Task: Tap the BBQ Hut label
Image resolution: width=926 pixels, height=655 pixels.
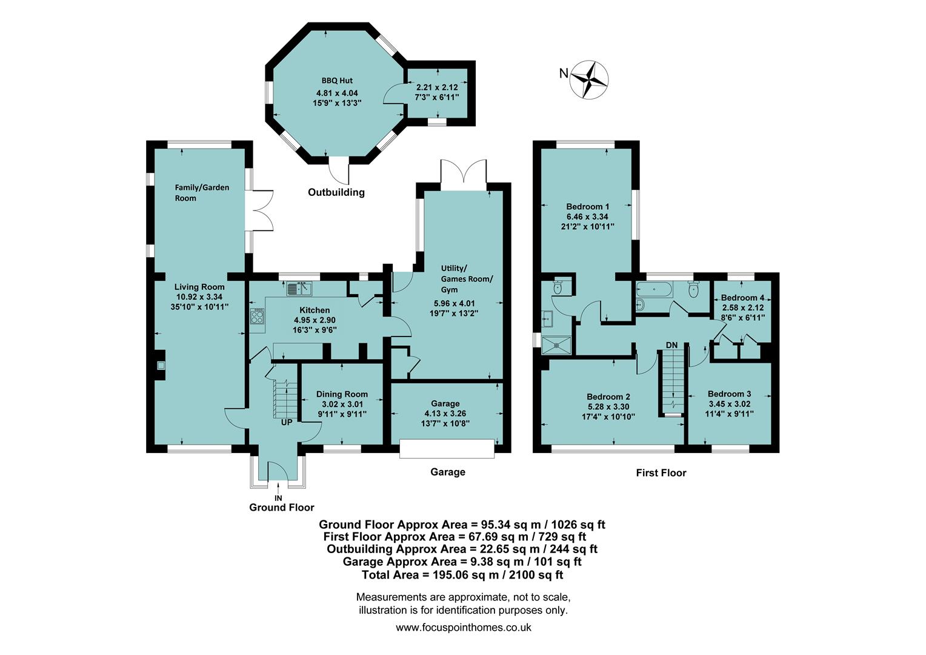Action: click(337, 81)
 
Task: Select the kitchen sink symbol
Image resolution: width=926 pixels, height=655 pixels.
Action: click(299, 288)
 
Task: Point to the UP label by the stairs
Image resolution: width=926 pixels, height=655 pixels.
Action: click(287, 422)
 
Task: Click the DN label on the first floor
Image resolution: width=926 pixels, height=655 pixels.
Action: click(671, 345)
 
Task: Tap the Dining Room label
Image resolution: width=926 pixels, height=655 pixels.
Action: click(342, 394)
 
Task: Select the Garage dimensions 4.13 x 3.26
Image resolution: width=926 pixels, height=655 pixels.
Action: click(445, 414)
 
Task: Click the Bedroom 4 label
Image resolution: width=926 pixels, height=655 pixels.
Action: click(742, 298)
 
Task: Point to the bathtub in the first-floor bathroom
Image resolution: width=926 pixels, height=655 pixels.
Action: click(655, 291)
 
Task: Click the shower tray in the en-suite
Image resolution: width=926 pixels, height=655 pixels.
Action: click(557, 344)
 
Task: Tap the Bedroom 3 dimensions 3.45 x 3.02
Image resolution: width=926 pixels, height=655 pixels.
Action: click(730, 404)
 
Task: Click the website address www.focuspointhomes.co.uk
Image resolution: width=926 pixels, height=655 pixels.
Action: click(463, 628)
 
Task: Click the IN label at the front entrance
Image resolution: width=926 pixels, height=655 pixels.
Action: click(278, 498)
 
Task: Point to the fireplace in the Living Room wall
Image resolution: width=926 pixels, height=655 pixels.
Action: click(161, 366)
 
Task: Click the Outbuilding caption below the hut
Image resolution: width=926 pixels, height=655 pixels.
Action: click(336, 192)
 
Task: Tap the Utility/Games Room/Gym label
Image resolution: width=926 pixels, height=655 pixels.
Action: click(467, 279)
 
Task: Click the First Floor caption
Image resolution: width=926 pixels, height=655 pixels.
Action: click(661, 472)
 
